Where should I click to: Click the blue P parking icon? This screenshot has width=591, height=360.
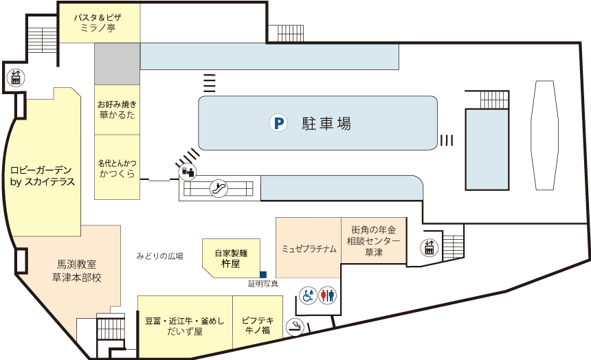[x=278, y=123]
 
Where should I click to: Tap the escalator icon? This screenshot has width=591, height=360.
[x=219, y=188]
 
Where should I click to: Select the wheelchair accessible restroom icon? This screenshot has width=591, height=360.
[x=308, y=295]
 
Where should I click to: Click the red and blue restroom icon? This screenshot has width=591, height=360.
[x=327, y=295]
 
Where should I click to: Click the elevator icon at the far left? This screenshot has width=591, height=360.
[x=16, y=78]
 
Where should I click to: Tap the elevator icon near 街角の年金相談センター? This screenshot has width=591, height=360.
[x=429, y=247]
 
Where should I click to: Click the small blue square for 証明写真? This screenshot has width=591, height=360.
[x=263, y=274]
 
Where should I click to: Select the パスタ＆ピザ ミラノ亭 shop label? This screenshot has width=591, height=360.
[x=98, y=23]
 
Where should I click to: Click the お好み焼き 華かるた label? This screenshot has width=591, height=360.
[x=117, y=109]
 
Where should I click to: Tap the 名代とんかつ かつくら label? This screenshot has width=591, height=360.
[x=118, y=168]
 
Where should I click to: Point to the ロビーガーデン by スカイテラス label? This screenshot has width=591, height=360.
[x=42, y=176]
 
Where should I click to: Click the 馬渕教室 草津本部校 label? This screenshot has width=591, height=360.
[x=76, y=271]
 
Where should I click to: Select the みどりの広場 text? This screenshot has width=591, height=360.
[x=160, y=256]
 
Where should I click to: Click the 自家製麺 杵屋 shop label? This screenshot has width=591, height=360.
[x=231, y=258]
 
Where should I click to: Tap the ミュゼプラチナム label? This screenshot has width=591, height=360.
[x=309, y=249]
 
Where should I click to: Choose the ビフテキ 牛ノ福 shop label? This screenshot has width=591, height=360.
[x=258, y=326]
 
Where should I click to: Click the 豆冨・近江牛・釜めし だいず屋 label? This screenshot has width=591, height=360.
[x=185, y=326]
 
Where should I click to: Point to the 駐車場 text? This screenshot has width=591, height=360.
[x=326, y=123]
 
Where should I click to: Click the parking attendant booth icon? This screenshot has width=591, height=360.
[x=188, y=172]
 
